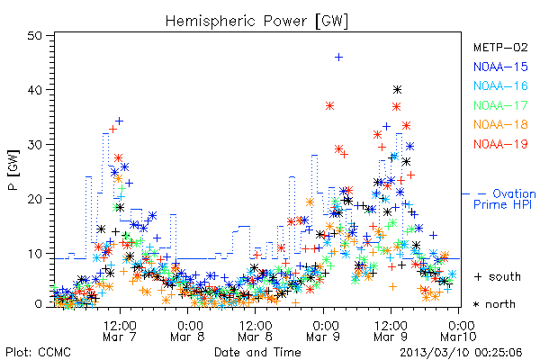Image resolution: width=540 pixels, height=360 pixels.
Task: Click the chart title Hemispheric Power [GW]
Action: (256, 22)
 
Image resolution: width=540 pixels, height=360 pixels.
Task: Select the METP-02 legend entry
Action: (500, 47)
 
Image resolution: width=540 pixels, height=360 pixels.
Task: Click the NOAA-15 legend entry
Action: (500, 67)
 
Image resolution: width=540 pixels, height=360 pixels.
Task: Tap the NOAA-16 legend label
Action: (500, 85)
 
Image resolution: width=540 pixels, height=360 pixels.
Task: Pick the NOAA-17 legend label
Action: (500, 105)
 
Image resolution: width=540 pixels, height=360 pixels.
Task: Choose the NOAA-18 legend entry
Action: (500, 124)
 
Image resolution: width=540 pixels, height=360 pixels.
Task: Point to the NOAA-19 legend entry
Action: (500, 144)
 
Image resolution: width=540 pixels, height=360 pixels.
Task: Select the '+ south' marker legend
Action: (498, 276)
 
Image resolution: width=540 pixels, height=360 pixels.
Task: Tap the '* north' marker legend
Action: (494, 304)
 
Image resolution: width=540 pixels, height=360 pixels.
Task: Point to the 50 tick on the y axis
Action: (34, 36)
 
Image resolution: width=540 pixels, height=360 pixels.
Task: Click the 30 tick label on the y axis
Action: (34, 144)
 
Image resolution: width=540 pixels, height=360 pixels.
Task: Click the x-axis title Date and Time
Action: (257, 353)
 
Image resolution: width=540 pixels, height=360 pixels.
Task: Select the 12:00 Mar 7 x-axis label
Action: (120, 331)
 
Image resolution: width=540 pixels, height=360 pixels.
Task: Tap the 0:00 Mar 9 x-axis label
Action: (323, 331)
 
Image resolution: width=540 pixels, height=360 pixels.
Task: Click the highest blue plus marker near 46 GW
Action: (339, 58)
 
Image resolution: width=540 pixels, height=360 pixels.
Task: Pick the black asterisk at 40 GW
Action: (397, 90)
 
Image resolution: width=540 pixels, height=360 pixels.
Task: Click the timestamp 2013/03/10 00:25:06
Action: (461, 353)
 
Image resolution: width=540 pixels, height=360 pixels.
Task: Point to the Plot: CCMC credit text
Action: (38, 353)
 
